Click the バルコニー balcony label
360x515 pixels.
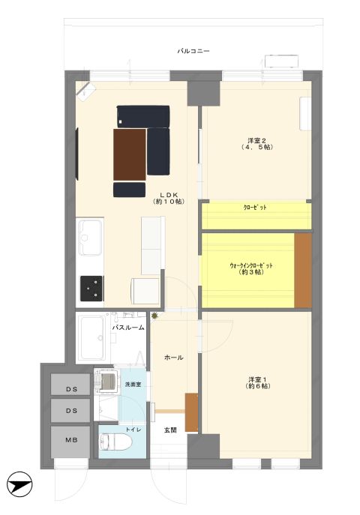coord(193,51)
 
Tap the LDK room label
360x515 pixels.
coord(169,195)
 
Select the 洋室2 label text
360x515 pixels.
coord(257,141)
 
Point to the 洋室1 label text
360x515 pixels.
coord(257,379)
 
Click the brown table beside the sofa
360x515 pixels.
coord(130,154)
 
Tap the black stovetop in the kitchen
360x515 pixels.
coord(91,289)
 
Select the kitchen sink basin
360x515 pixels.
coord(90,237)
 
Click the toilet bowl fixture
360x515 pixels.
coord(115,442)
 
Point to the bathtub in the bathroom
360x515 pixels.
coord(91,337)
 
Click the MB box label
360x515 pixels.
coord(71,440)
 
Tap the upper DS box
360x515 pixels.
coord(70,385)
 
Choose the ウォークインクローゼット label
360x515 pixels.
coord(251,265)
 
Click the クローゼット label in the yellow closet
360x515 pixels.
coord(255,207)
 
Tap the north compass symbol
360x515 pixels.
coord(19,484)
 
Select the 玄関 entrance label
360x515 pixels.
coord(170,430)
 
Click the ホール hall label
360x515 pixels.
coord(173,358)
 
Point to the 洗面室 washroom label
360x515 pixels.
coord(133,384)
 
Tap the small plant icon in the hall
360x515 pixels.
coord(154,316)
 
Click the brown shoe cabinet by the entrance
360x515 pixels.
coord(191,412)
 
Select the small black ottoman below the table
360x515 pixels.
coord(130,190)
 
